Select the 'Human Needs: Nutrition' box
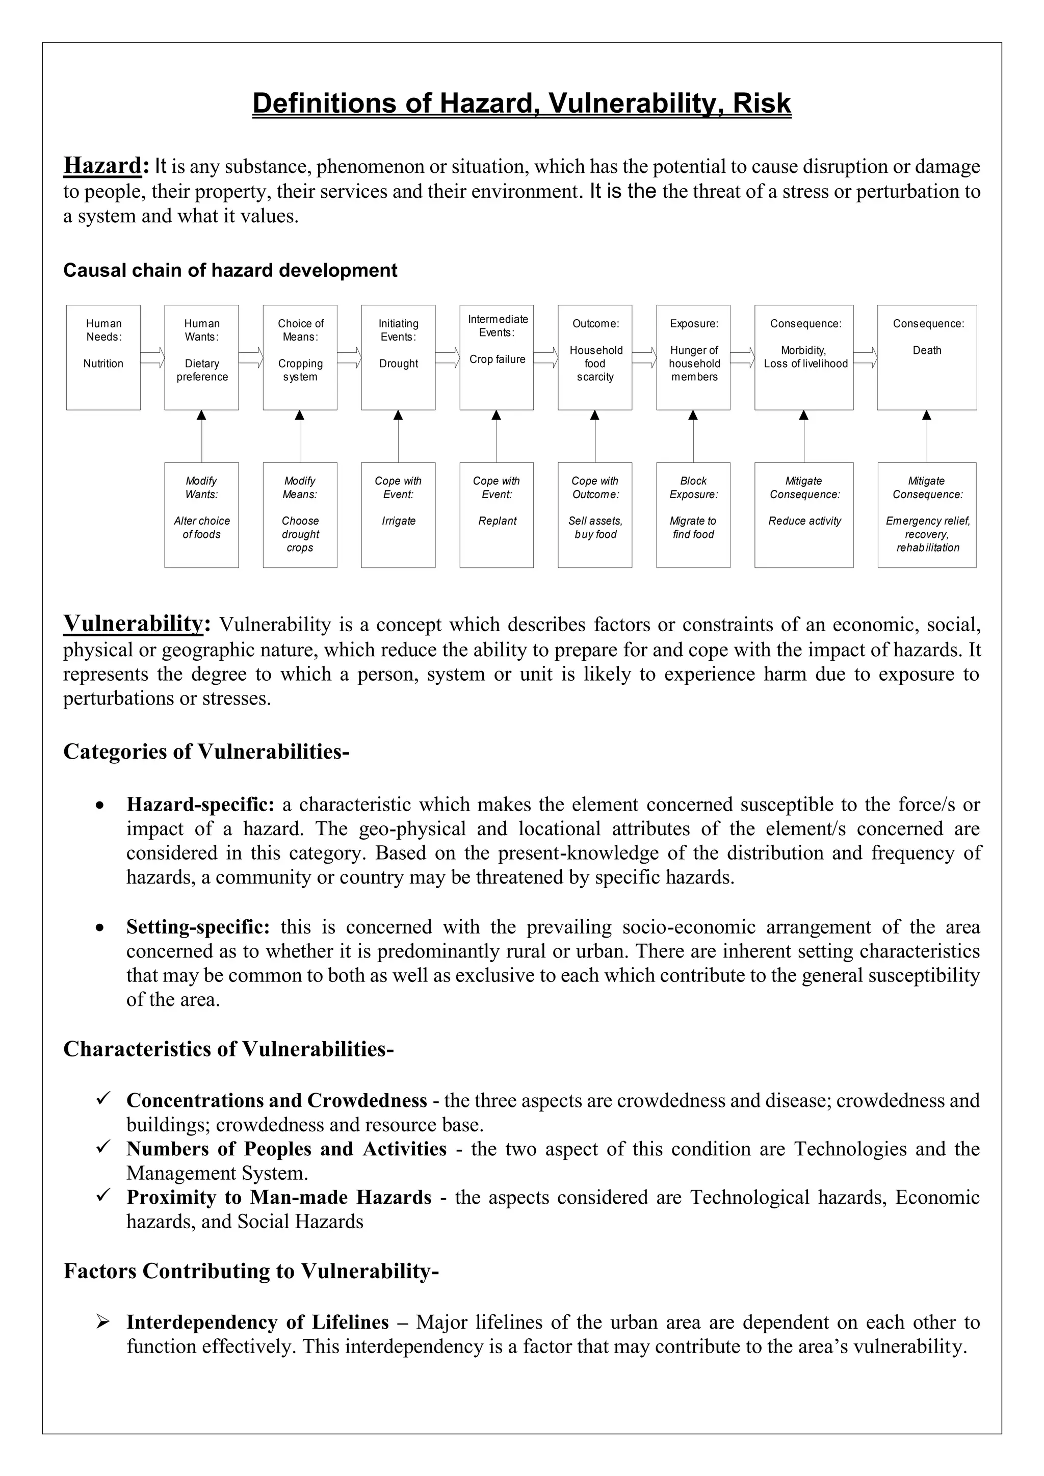coord(103,357)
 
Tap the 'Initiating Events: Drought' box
coord(398,357)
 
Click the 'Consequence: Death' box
coord(926,357)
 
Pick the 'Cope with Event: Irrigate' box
coord(398,514)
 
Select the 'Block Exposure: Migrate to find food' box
coord(693,514)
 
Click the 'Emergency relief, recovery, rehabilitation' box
coord(926,514)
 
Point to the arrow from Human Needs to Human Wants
coord(152,357)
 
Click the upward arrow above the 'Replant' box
coord(497,436)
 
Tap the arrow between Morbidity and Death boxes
coord(865,357)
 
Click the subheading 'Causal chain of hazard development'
coord(230,271)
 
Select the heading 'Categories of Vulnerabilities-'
coord(206,752)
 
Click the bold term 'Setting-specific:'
coord(198,927)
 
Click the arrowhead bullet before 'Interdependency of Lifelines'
coord(103,1322)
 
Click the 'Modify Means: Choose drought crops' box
coord(300,514)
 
